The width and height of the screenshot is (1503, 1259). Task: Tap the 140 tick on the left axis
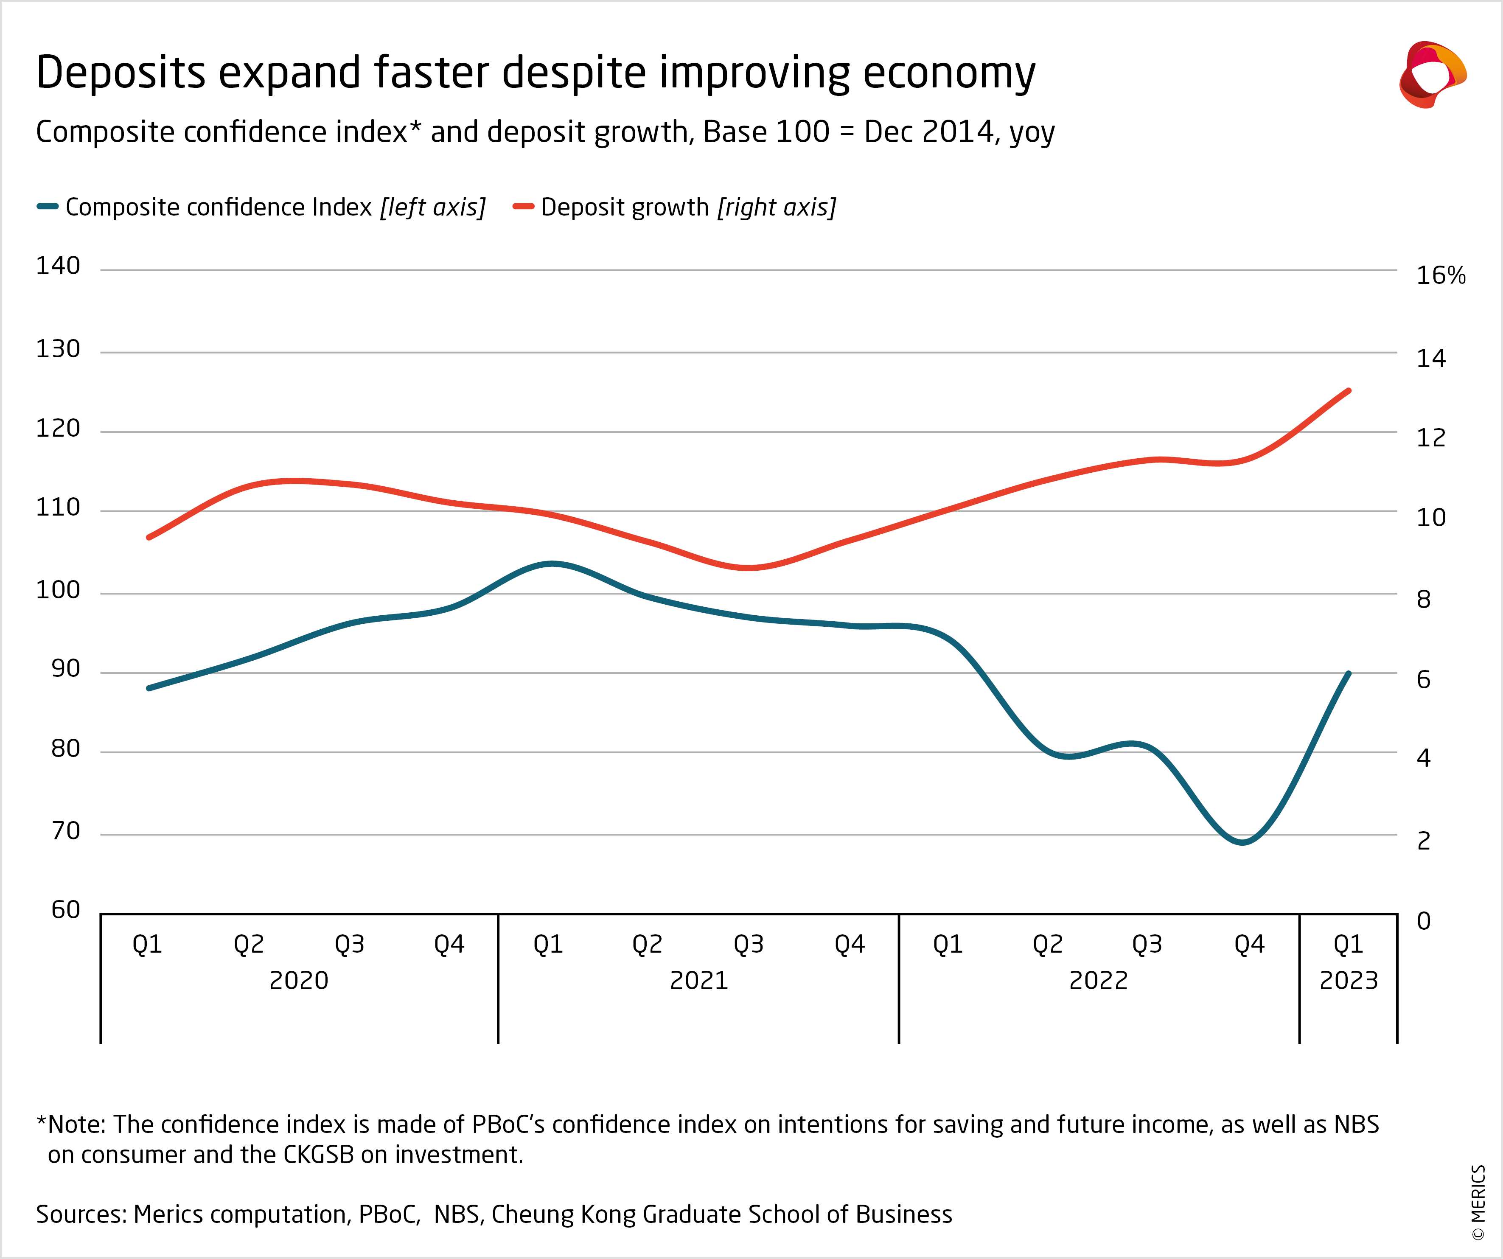point(58,266)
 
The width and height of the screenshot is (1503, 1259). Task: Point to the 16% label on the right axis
point(1440,275)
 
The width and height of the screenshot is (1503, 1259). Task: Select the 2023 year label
point(1349,980)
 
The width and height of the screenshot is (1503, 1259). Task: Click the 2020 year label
point(298,980)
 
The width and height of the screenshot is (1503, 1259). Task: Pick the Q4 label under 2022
point(1249,945)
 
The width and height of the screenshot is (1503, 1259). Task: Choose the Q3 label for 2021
point(748,945)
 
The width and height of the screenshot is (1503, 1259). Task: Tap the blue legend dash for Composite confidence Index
point(47,207)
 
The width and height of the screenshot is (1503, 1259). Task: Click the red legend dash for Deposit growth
point(523,207)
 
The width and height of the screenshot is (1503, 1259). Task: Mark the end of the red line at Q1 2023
point(1349,391)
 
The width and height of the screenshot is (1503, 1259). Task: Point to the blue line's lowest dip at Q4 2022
point(1242,842)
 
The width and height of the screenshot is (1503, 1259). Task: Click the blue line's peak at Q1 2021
point(551,563)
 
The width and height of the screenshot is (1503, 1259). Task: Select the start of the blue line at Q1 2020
point(149,688)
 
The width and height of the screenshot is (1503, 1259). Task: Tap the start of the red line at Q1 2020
point(149,537)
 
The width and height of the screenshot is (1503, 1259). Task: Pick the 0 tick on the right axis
point(1424,921)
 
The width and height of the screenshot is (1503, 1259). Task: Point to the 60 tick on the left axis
point(65,910)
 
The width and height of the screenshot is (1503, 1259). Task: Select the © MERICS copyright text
point(1478,1203)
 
